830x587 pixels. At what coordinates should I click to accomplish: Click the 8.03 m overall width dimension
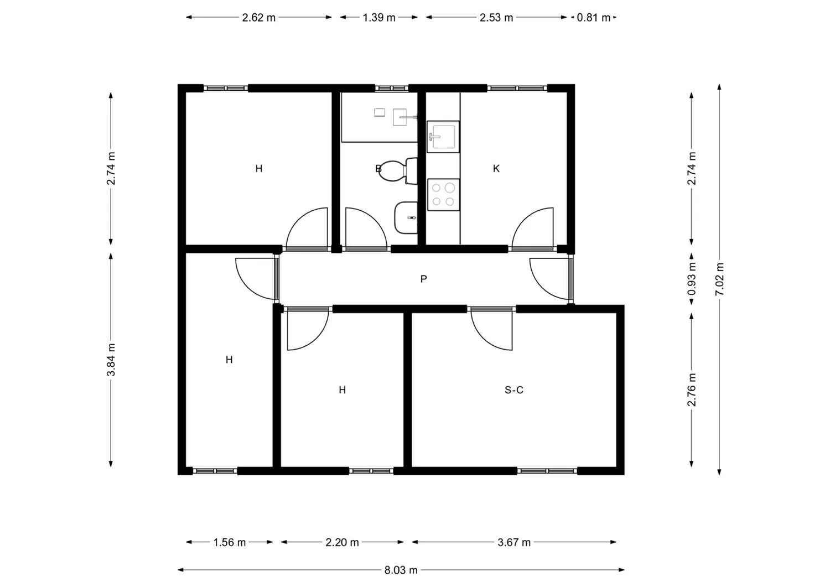(x=401, y=570)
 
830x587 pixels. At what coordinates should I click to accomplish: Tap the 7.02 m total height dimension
(x=719, y=279)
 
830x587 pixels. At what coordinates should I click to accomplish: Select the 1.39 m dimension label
(x=378, y=17)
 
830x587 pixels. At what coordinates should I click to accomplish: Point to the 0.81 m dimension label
(x=593, y=17)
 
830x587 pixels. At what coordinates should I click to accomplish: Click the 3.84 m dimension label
(x=111, y=360)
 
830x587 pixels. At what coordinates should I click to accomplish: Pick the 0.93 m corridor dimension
(x=692, y=279)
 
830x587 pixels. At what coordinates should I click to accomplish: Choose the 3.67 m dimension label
(x=514, y=543)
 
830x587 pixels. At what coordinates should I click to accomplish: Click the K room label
(x=496, y=169)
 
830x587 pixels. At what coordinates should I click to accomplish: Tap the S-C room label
(x=514, y=390)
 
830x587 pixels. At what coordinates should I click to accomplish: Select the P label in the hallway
(x=423, y=279)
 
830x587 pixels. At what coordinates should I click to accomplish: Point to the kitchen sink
(x=443, y=136)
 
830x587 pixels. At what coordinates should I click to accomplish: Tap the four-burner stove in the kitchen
(x=444, y=195)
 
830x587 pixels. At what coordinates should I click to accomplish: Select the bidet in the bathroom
(x=406, y=217)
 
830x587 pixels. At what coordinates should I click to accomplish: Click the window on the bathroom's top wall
(x=391, y=88)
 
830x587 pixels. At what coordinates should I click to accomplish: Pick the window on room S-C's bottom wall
(x=547, y=471)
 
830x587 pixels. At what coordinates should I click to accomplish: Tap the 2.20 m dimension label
(x=342, y=543)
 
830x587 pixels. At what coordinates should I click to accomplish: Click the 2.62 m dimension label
(x=258, y=17)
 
